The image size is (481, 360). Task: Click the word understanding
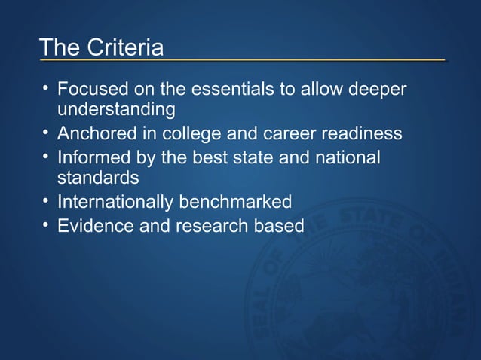click(116, 110)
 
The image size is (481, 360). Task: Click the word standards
click(98, 178)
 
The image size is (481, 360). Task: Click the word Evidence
click(95, 225)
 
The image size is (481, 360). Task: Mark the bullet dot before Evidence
click(47, 224)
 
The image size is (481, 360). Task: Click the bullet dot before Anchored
click(47, 133)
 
